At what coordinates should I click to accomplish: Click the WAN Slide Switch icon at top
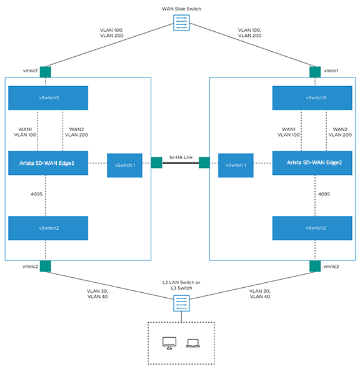pyautogui.click(x=181, y=22)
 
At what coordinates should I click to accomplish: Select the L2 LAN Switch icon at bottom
pyautogui.click(x=181, y=303)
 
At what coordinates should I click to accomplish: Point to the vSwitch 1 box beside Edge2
pyautogui.click(x=236, y=165)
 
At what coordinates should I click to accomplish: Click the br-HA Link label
pyautogui.click(x=181, y=158)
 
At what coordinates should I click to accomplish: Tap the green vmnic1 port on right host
pyautogui.click(x=316, y=71)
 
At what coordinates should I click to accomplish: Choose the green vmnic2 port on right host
pyautogui.click(x=316, y=267)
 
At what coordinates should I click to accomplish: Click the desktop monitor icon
pyautogui.click(x=169, y=342)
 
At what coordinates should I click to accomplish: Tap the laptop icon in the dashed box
pyautogui.click(x=192, y=343)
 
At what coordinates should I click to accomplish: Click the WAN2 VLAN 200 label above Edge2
pyautogui.click(x=339, y=131)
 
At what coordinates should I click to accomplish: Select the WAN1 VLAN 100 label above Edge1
pyautogui.click(x=25, y=131)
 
